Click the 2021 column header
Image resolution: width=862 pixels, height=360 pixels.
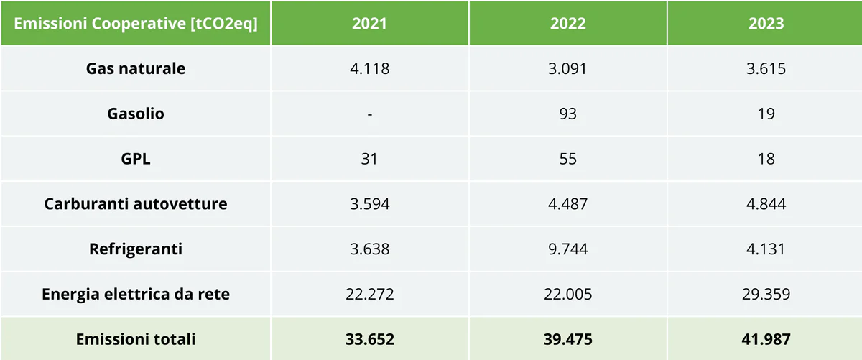pos(369,23)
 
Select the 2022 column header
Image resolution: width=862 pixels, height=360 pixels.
pos(567,23)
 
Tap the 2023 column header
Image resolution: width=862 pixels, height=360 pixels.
pos(766,23)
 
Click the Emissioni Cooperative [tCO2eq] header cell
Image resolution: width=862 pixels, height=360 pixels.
pos(136,23)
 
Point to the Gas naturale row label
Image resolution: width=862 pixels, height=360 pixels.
pos(136,69)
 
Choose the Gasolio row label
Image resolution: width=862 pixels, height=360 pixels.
pos(136,114)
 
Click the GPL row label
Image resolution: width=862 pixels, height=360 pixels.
pos(136,159)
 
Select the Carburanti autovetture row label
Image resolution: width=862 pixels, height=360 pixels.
pos(136,204)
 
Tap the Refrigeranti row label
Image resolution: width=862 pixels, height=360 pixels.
pos(136,249)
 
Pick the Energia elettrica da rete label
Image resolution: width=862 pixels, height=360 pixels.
pos(136,294)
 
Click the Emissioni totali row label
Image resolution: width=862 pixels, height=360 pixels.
pos(136,339)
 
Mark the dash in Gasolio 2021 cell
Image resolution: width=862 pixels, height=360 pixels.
pos(369,114)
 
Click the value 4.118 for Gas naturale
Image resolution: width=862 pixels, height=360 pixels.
pos(369,69)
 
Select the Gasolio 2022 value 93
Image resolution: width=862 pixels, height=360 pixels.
pos(567,114)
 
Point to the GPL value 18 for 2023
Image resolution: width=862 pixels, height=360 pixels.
pos(766,159)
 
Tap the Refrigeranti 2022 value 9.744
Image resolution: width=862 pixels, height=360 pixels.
pos(567,249)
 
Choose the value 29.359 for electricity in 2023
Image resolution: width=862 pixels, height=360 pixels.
pos(766,294)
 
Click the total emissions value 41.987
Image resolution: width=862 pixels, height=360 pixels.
pos(766,339)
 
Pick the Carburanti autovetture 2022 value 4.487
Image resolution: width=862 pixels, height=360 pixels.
pos(567,204)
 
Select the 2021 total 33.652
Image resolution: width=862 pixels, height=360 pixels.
pos(369,339)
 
